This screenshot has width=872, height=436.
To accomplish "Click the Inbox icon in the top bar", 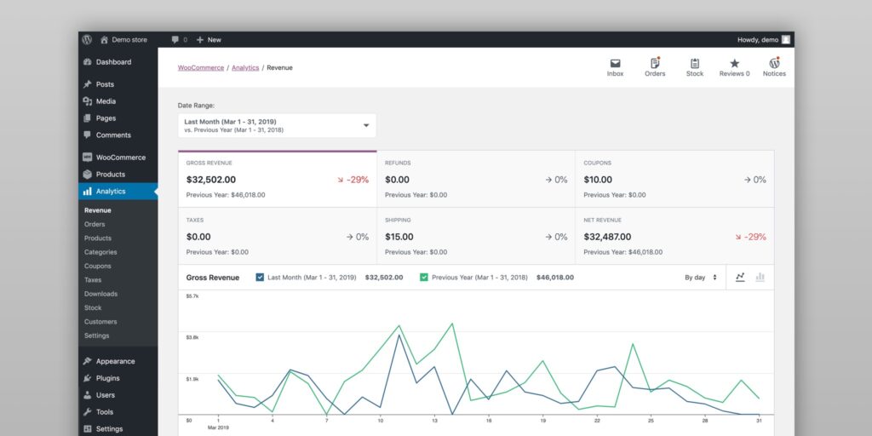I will pos(615,64).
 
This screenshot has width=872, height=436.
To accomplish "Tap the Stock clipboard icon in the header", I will pos(695,64).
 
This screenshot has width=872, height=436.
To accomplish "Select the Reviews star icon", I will pos(734,64).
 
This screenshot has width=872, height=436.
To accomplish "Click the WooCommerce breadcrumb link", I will pos(201,67).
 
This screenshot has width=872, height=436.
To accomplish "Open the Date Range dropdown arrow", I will pos(366,125).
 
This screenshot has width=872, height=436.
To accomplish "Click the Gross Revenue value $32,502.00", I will pos(211,180).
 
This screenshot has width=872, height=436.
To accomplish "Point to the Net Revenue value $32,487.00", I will pos(608,237).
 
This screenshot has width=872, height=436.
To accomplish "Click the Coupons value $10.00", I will pos(598,180).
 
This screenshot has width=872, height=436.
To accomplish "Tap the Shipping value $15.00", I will pos(399,237).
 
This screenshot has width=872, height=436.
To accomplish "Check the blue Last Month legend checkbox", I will pos(261,277).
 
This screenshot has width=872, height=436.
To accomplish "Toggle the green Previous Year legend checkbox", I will pos(424,277).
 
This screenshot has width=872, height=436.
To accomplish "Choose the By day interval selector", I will pos(701,277).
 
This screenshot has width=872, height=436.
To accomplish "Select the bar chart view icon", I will pos(760,277).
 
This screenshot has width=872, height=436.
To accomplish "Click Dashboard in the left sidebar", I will pos(113,62).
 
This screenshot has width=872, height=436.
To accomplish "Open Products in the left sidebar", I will pos(110,175).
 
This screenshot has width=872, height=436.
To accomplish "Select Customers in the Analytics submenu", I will pos(100,322).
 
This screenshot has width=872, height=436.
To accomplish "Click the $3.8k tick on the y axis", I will pos(192,337).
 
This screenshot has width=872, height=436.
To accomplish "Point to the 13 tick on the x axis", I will pos(434,421).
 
